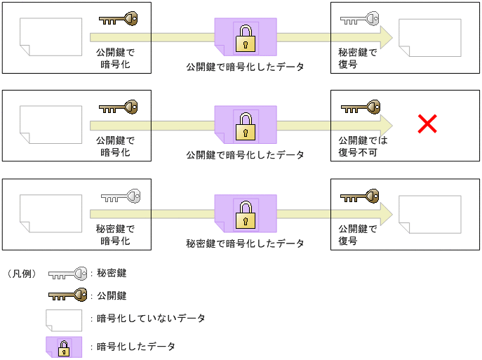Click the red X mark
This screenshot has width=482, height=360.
click(427, 125)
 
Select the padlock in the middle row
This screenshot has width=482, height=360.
click(245, 126)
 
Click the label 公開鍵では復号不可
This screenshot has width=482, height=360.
click(363, 145)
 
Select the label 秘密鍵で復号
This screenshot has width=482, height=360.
click(357, 58)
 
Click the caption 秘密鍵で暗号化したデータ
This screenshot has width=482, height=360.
click(245, 244)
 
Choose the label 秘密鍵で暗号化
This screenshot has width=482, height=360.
click(115, 234)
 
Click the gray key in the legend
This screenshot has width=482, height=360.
click(67, 274)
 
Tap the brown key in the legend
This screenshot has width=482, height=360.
click(67, 295)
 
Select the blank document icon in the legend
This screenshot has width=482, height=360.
click(65, 319)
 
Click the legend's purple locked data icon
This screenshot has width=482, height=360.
click(65, 347)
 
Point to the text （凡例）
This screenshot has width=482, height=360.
click(22, 273)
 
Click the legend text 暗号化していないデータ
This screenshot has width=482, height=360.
click(151, 319)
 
